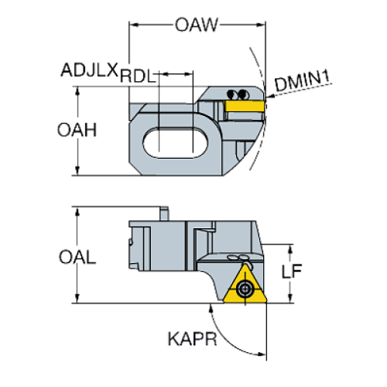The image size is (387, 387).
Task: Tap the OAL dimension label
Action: point(77,258)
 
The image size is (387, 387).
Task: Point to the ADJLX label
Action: point(88,72)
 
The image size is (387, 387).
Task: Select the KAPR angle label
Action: point(192,340)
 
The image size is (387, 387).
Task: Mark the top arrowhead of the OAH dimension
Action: point(77,91)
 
